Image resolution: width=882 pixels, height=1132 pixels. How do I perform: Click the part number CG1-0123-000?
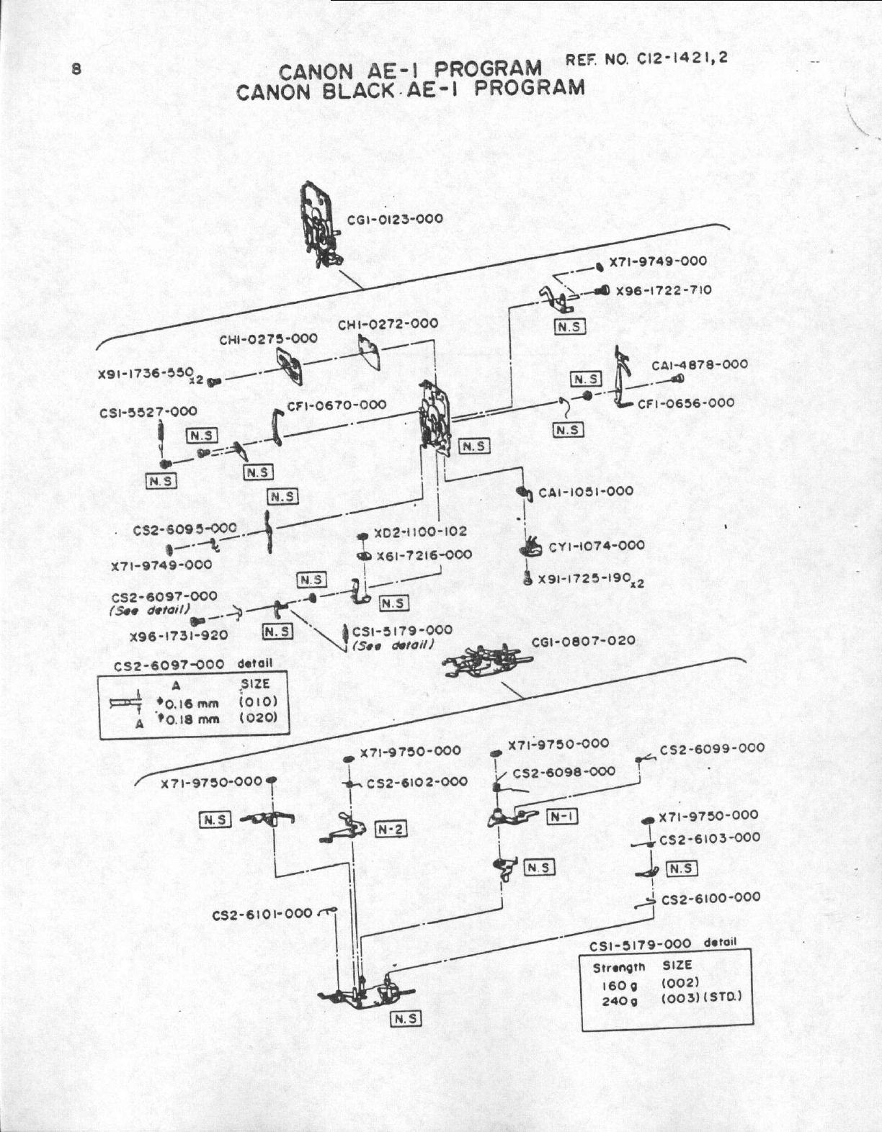click(x=395, y=219)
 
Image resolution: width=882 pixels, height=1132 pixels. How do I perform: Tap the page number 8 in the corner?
click(x=76, y=70)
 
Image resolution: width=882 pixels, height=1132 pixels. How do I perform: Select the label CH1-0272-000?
click(x=388, y=324)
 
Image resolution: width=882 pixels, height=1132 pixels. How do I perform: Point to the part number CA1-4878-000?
click(x=700, y=364)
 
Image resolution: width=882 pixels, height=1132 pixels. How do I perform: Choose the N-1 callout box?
click(x=563, y=816)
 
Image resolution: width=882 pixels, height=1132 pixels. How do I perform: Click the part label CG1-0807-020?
click(x=584, y=640)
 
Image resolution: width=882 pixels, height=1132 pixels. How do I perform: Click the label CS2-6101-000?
click(x=262, y=915)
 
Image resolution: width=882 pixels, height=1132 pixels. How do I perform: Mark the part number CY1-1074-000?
click(x=597, y=546)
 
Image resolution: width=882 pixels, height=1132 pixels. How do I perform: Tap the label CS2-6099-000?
click(x=712, y=748)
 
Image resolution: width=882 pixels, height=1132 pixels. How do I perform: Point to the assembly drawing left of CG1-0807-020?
click(x=485, y=659)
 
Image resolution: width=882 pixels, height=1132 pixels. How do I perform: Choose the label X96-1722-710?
click(x=664, y=290)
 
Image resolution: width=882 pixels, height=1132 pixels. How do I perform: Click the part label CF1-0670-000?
click(x=337, y=405)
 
